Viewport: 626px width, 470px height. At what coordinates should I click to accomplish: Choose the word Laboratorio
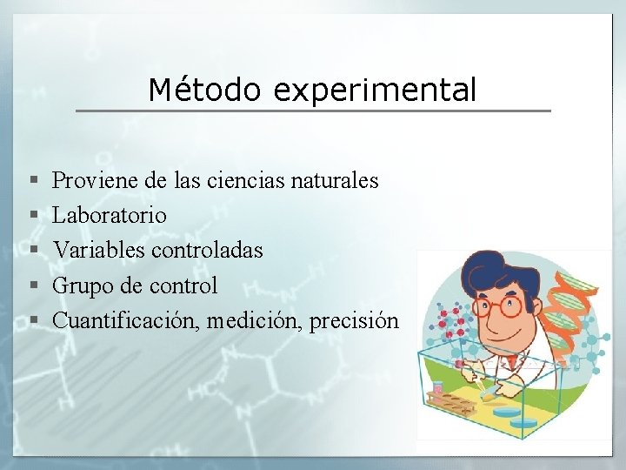(110, 215)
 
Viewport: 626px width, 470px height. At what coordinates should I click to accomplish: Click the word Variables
(99, 250)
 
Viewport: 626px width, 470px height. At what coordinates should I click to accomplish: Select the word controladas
(207, 250)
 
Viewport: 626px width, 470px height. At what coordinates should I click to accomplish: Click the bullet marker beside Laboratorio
(32, 216)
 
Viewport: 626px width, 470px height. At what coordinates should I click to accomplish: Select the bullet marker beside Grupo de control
(32, 285)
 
